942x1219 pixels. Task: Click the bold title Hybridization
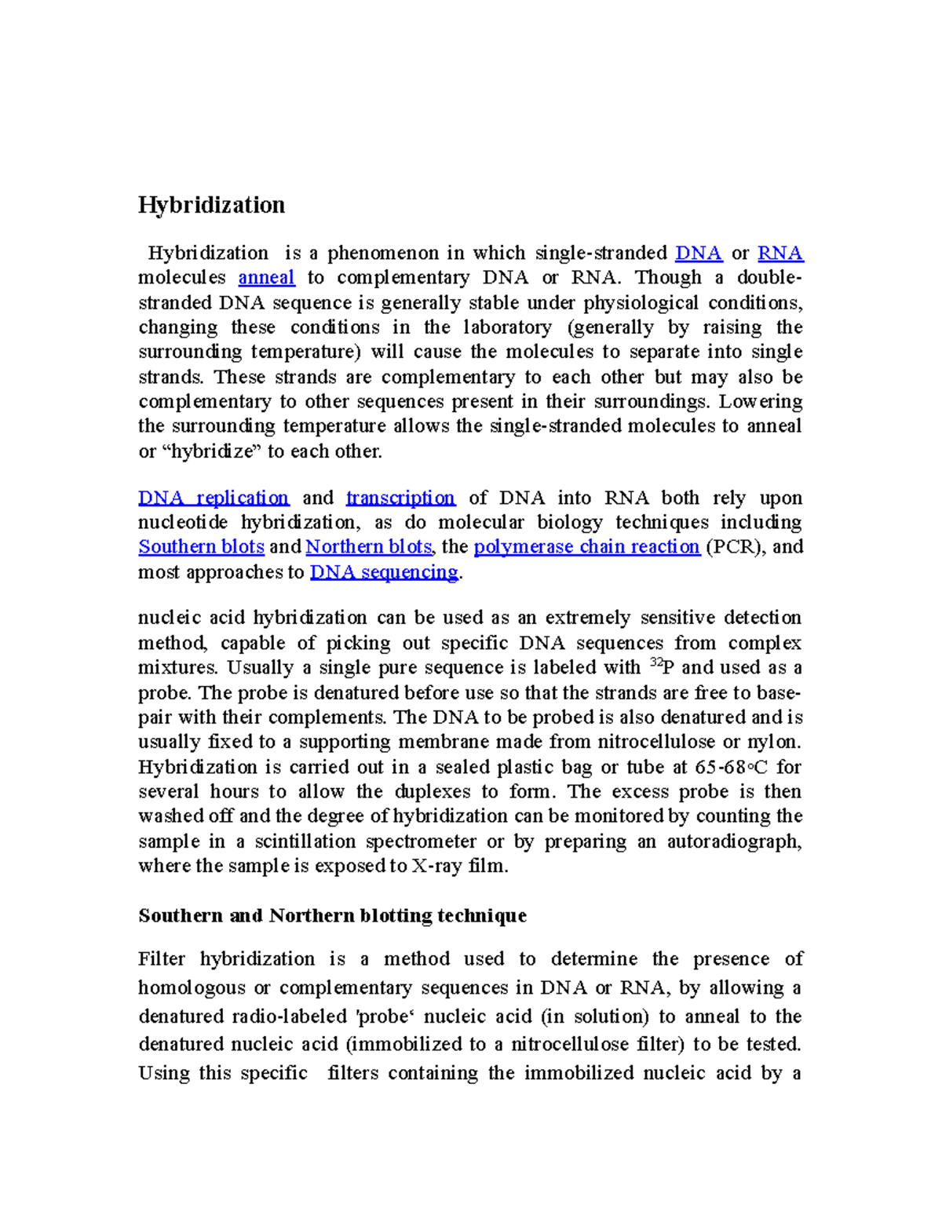[x=211, y=205]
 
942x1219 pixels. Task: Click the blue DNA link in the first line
[x=698, y=253]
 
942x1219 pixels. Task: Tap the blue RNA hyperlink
[x=780, y=253]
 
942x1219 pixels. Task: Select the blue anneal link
[x=266, y=277]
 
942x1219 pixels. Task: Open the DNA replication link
[x=214, y=498]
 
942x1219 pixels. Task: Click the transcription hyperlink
[x=400, y=498]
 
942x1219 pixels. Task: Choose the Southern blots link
[x=201, y=546]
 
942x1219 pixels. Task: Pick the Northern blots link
[x=368, y=546]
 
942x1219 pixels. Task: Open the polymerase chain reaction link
[x=586, y=546]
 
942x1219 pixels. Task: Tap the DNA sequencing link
[x=384, y=571]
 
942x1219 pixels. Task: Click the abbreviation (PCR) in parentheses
[x=736, y=546]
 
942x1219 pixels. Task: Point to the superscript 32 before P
[x=657, y=662]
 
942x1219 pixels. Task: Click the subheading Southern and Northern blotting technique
[x=332, y=915]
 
